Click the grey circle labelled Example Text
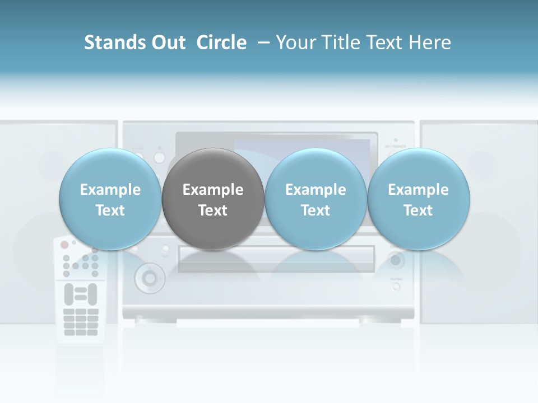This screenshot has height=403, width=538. (x=213, y=199)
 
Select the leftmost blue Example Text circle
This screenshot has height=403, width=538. (x=110, y=199)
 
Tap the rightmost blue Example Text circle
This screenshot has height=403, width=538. (x=418, y=199)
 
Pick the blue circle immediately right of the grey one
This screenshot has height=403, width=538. (x=316, y=199)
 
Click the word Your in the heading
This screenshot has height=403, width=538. (x=296, y=43)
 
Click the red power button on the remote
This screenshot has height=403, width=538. (x=64, y=245)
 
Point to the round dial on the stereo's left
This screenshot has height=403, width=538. (x=149, y=277)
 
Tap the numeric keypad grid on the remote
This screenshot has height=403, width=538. (x=81, y=322)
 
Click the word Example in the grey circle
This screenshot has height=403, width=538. (x=213, y=190)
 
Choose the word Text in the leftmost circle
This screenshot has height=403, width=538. (x=110, y=210)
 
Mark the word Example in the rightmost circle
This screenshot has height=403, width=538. (x=418, y=190)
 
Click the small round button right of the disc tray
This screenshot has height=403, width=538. (x=396, y=261)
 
